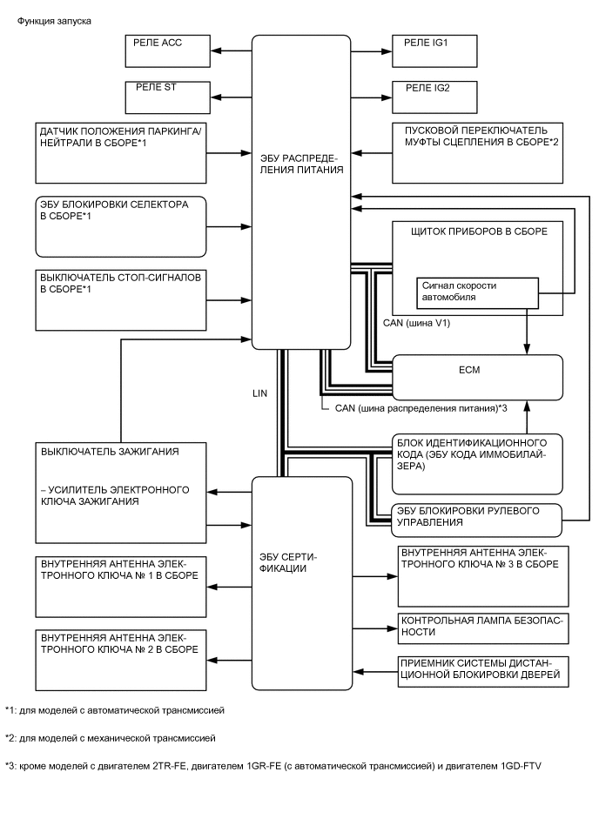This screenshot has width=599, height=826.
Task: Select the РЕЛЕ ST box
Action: click(x=171, y=96)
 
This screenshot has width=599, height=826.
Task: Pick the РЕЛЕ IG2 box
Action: click(x=435, y=96)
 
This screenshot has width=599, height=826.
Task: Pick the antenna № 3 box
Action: click(x=482, y=576)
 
